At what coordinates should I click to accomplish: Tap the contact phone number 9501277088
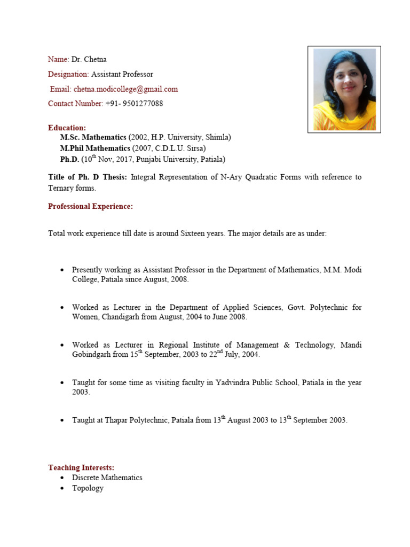(x=143, y=104)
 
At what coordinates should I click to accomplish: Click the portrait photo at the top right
(x=344, y=89)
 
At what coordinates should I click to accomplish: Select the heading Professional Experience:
(x=90, y=206)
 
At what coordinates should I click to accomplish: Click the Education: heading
(x=67, y=128)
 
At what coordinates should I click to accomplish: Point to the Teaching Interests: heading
(x=81, y=467)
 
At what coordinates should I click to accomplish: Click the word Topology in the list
(x=88, y=488)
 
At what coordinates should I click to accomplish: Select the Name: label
(x=59, y=59)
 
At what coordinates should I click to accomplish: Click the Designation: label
(x=68, y=74)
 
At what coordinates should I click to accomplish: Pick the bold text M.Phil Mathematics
(x=95, y=148)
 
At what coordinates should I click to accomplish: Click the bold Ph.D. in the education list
(x=69, y=159)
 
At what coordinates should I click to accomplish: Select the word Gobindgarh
(x=91, y=355)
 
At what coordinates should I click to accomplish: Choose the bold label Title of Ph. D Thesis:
(x=88, y=177)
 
